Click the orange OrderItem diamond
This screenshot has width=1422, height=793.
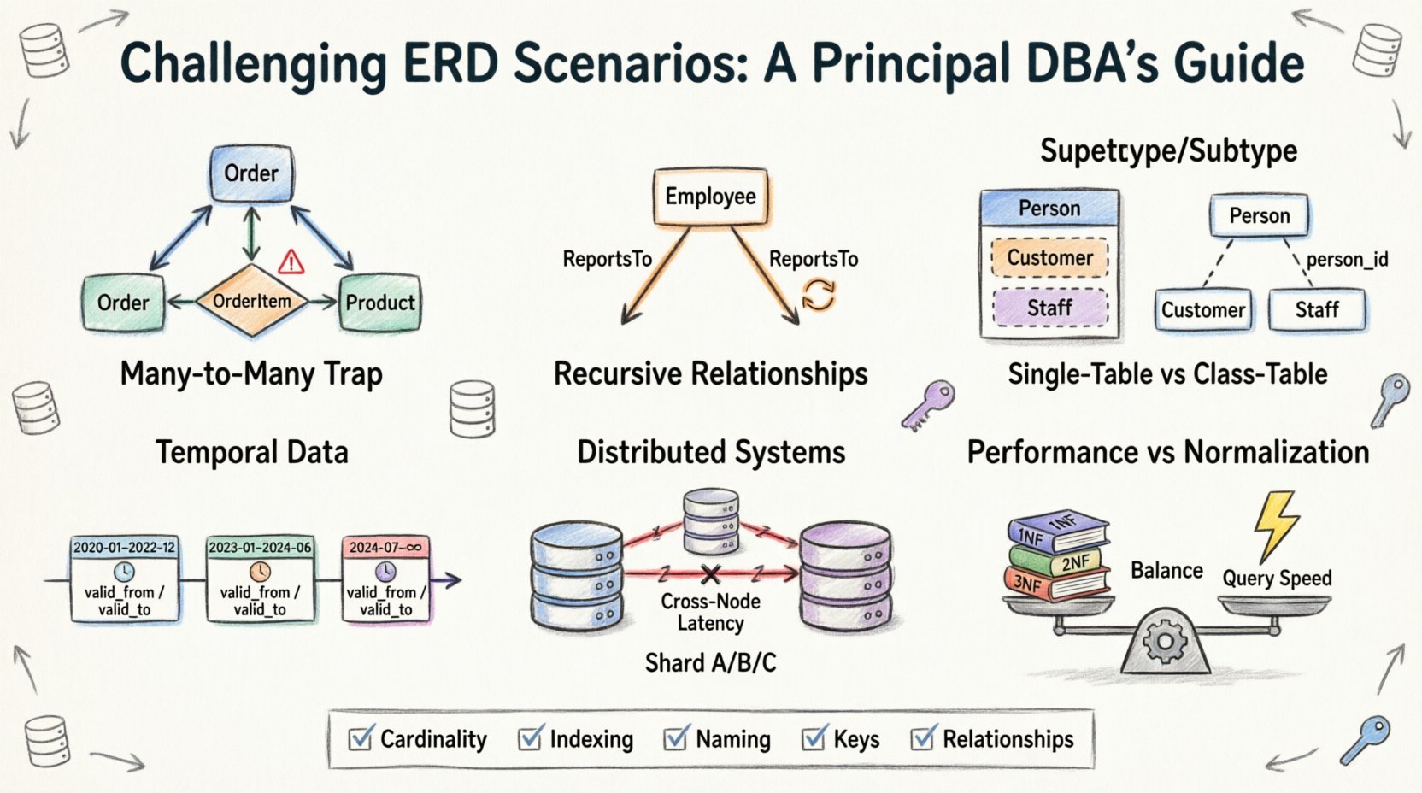[x=251, y=301]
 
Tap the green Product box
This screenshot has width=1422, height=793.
[x=379, y=303]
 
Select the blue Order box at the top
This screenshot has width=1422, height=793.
[x=251, y=173]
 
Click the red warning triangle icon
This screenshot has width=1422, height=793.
[x=291, y=261]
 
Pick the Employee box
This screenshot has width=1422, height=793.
[x=710, y=197]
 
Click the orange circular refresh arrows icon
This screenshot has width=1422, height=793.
[x=818, y=295]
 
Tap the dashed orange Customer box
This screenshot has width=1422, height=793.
[x=1049, y=258]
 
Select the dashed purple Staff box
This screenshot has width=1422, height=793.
[x=1049, y=308]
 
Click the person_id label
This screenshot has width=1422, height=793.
[x=1347, y=260]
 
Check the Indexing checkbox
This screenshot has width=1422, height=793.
[x=531, y=738]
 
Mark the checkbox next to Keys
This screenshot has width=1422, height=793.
[x=814, y=738]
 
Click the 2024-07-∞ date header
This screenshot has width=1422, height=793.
[x=385, y=547]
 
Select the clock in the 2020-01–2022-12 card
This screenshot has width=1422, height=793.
[x=124, y=572]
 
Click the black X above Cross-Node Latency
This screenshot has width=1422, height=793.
[x=710, y=574]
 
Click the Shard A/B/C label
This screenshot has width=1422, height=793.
[x=710, y=663]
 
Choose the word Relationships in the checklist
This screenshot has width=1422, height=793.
[x=1008, y=739]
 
